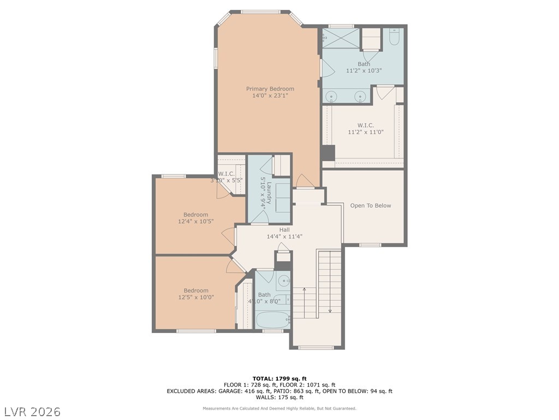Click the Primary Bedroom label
point(270,89)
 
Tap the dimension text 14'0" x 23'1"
point(270,96)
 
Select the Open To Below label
point(371,206)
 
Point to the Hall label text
point(284,230)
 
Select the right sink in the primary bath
point(360,97)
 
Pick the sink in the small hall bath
point(283,282)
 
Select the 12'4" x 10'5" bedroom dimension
point(195,221)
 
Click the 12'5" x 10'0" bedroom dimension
point(195,297)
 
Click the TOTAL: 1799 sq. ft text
point(279,378)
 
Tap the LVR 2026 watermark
point(33,411)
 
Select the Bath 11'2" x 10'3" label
point(364,67)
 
